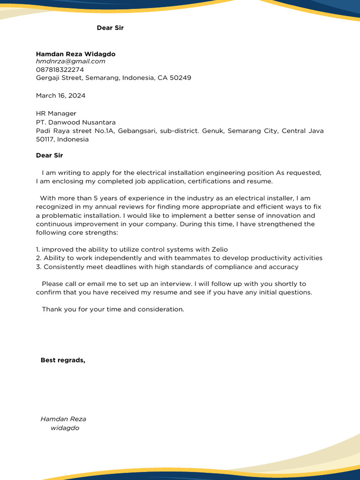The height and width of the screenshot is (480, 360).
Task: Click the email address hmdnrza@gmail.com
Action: point(70,61)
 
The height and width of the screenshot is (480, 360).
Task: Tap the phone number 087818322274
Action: point(60,69)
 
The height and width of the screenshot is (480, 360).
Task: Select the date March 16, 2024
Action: point(60,96)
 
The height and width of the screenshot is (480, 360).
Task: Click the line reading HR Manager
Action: point(56,113)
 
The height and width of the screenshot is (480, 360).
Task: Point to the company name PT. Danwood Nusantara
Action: point(75,122)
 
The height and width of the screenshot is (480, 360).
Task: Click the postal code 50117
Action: point(46,139)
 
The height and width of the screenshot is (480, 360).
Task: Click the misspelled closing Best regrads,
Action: point(63,360)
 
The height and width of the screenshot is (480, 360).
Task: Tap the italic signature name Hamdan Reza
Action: point(63,419)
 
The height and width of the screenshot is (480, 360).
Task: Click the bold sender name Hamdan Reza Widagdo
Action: point(75,54)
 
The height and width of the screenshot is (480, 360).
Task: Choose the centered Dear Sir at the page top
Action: point(110,28)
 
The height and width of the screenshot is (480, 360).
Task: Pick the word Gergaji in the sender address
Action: point(49,78)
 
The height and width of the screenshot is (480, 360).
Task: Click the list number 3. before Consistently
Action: point(39,267)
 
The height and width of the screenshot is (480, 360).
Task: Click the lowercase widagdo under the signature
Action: point(65,428)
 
